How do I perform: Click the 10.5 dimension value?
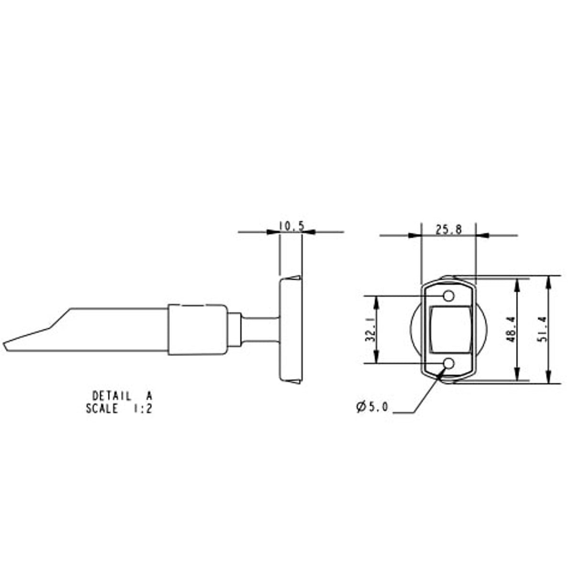pos(291,226)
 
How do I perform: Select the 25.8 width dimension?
pos(448,230)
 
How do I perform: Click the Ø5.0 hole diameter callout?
pos(372,407)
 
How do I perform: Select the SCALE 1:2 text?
pos(119,409)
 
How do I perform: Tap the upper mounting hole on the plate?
pos(448,296)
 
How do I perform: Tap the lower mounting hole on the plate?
pos(448,364)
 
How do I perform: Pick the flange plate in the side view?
pos(290,330)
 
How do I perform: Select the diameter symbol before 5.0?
pos(360,407)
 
